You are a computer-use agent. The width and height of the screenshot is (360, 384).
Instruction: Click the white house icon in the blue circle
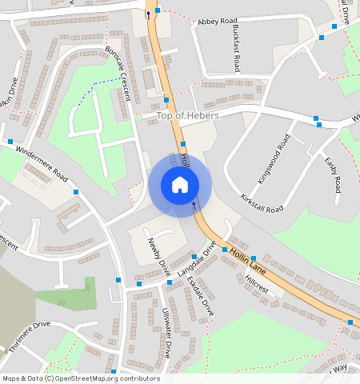pos(180,185)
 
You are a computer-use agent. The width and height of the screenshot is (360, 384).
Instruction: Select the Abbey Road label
pos(218,20)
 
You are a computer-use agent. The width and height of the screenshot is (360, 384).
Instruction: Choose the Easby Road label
pos(332,175)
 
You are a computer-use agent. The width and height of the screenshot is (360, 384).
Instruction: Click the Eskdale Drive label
pos(200,294)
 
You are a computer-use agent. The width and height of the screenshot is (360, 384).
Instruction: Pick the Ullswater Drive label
pos(166,332)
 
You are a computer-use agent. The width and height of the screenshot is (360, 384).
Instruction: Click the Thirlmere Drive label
pos(30,336)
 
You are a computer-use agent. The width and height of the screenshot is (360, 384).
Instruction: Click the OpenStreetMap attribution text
pos(81,378)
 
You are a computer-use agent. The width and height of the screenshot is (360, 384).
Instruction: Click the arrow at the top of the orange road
pos(147,14)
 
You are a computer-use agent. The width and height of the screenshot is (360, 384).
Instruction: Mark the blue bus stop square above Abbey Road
pos(158,10)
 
